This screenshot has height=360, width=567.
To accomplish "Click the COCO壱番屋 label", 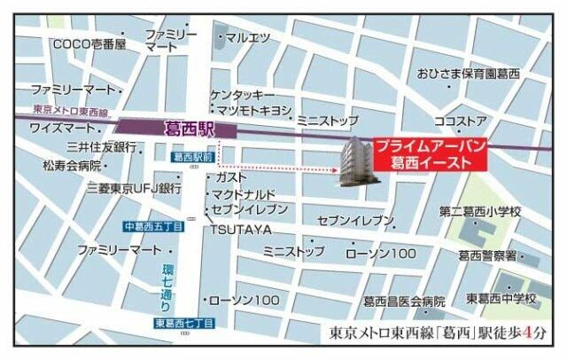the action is [89, 43].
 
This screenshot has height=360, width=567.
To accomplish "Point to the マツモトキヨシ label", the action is [254, 109].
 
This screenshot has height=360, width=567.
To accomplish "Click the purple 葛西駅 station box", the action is [178, 128].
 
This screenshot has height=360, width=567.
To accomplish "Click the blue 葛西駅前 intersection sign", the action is [194, 157].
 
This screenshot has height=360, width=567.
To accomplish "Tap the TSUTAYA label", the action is [240, 230].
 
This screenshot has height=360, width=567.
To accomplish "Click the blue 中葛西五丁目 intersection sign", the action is [153, 226].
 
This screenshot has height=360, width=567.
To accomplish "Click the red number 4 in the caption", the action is [529, 334].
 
